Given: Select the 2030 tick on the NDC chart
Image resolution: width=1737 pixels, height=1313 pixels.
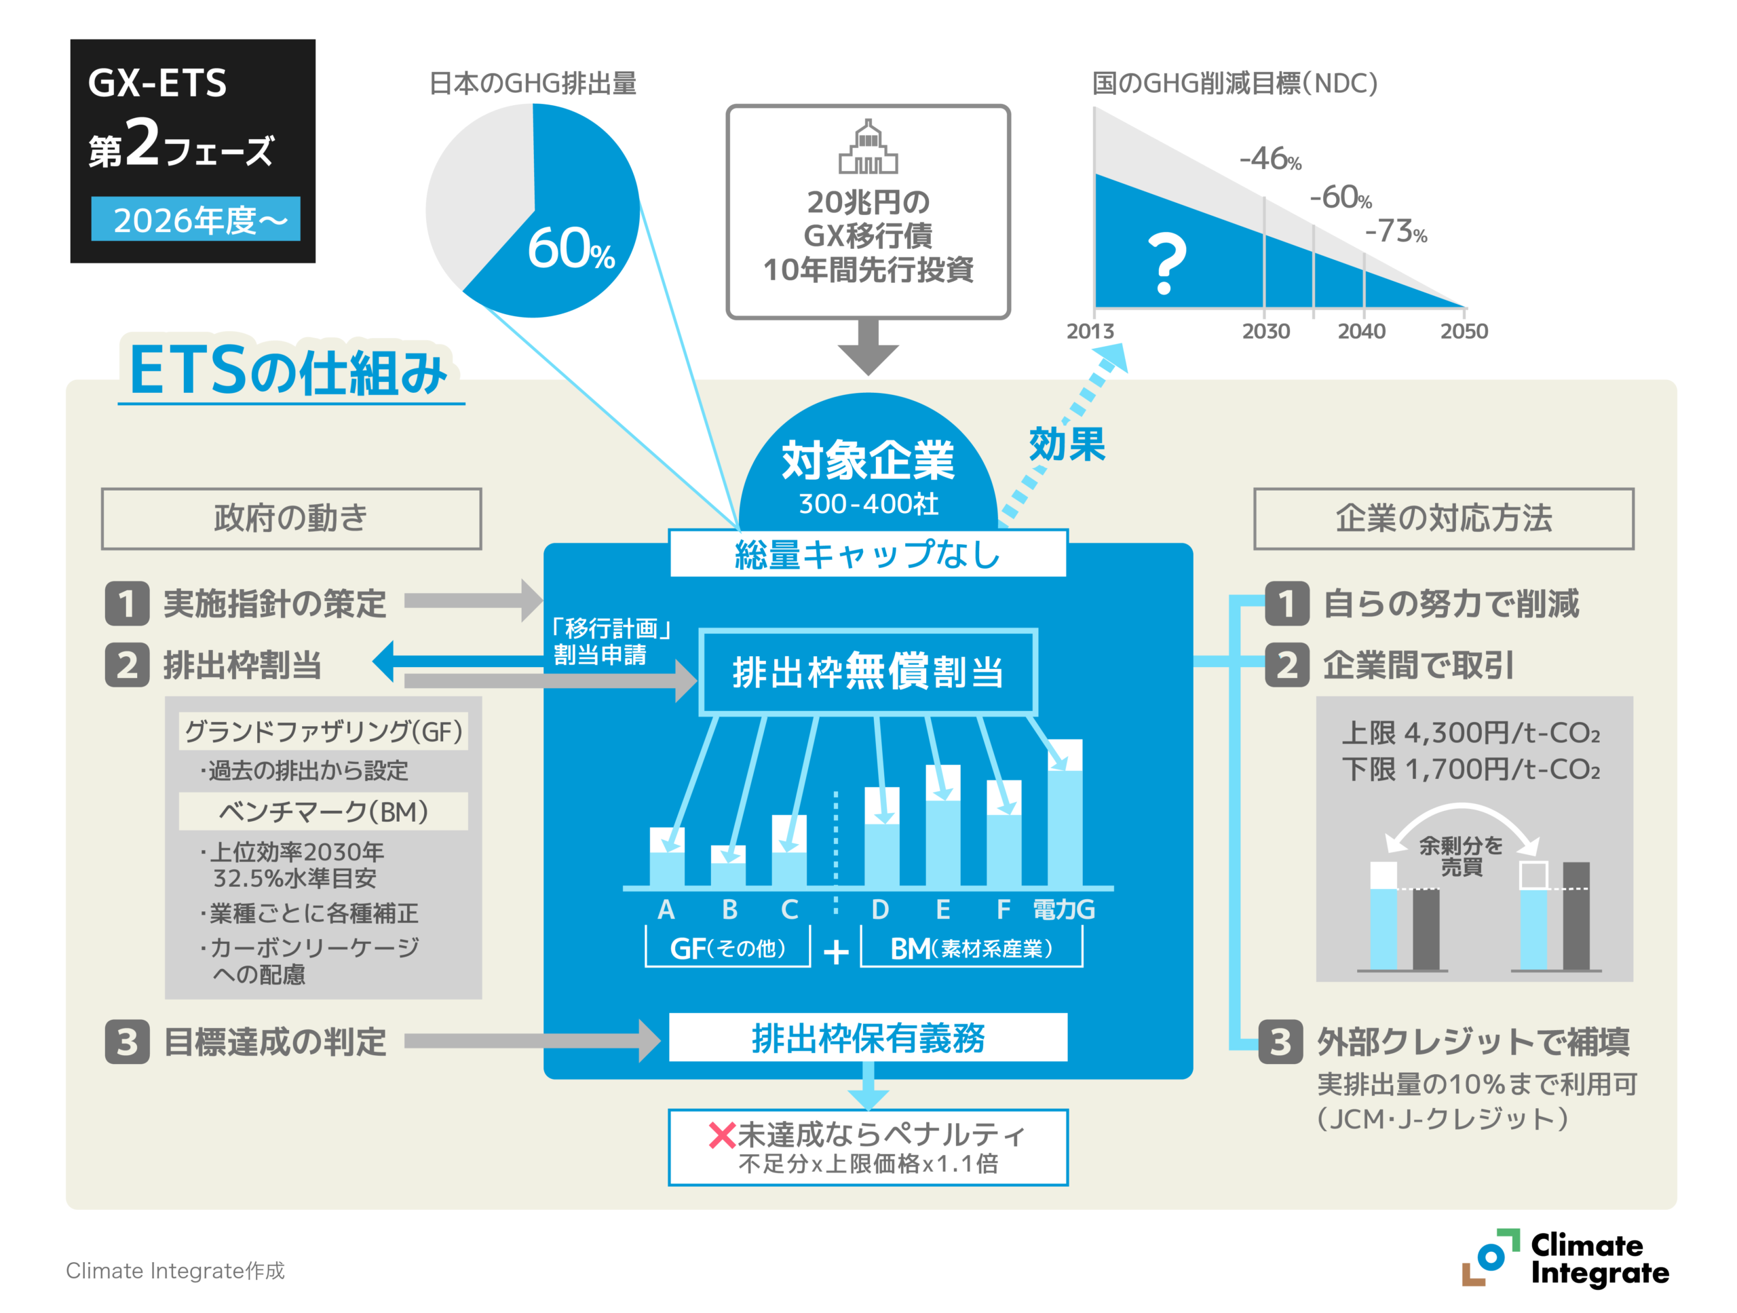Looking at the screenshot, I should click(x=1265, y=330).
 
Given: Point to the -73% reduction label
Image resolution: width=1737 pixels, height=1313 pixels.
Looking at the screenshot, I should click(x=1396, y=231).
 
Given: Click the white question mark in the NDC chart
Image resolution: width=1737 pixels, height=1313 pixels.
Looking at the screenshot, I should click(x=1166, y=264).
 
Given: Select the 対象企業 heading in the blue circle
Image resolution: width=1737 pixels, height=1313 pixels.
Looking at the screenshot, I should click(x=868, y=460).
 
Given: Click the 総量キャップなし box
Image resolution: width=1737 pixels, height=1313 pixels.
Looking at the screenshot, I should click(x=868, y=554).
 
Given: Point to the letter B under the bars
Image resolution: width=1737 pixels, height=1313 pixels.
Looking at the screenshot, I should click(x=729, y=909).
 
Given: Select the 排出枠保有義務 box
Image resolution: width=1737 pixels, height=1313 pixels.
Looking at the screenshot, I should click(x=868, y=1038).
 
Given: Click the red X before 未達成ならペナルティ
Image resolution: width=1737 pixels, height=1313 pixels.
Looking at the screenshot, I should click(x=722, y=1135).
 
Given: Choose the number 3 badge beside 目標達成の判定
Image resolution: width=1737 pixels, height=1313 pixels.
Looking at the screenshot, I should click(x=127, y=1042).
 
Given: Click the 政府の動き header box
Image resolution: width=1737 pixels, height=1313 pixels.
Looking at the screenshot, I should click(x=291, y=518).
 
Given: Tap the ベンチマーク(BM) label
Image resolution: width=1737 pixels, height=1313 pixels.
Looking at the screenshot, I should click(x=324, y=811).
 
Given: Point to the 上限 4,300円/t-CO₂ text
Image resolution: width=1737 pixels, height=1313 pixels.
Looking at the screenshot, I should click(x=1470, y=733).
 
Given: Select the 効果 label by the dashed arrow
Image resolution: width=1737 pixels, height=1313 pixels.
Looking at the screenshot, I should click(x=1067, y=444).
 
